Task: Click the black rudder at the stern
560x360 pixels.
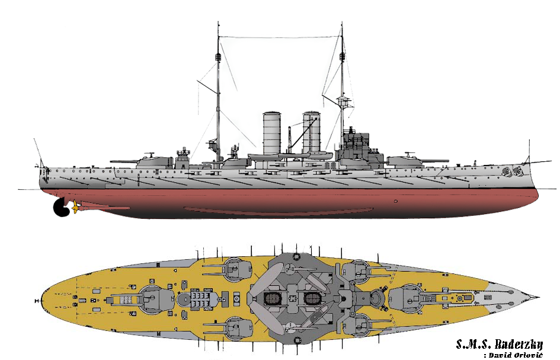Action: coord(59,208)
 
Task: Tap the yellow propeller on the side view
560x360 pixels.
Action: coord(75,207)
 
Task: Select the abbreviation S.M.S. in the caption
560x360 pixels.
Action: coord(473,344)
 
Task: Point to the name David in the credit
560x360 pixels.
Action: coord(500,355)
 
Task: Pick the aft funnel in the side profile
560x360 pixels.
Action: coord(272,133)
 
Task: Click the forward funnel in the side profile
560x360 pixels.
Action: coord(312,132)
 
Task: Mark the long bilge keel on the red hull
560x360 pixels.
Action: coord(279,211)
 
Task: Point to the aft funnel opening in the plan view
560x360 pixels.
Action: coord(271,298)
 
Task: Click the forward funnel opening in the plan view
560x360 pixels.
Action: coord(312,298)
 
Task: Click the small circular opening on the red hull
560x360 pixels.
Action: coord(396,201)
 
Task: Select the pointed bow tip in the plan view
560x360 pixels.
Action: coord(537,297)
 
